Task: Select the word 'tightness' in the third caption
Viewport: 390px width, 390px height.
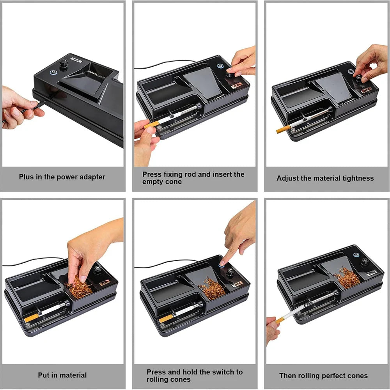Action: (356, 178)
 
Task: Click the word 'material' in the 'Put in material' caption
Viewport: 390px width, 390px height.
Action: (73, 375)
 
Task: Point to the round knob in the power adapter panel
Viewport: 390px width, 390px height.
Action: (63, 63)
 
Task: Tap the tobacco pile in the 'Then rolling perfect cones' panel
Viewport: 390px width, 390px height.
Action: (346, 278)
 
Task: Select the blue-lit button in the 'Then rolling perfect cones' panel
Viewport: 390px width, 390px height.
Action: (355, 255)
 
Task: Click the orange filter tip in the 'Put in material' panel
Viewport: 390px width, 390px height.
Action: (31, 318)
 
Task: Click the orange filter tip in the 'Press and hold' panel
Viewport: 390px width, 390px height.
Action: (166, 318)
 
